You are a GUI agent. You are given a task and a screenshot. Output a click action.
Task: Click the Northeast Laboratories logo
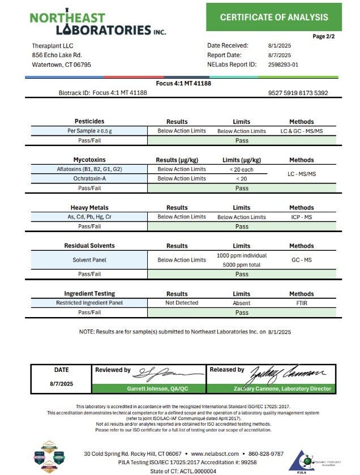pyautogui.click(x=97, y=23)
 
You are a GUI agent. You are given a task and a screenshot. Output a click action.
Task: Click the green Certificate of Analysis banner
pyautogui.click(x=274, y=18)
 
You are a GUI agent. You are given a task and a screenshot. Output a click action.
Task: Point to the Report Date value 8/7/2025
pyautogui.click(x=279, y=55)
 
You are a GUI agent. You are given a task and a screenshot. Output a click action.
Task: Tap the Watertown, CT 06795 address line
pyautogui.click(x=62, y=65)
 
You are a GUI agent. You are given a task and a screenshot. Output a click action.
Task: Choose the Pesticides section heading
pyautogui.click(x=89, y=122)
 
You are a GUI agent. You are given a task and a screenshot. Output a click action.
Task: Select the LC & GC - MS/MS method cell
pyautogui.click(x=301, y=131)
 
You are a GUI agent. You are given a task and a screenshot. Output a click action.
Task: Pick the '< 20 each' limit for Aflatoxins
pyautogui.click(x=242, y=169)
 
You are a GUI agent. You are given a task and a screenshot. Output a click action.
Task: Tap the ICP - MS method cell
pyautogui.click(x=301, y=217)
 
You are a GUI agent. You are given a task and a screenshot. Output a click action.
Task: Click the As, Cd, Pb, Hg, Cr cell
pyautogui.click(x=89, y=217)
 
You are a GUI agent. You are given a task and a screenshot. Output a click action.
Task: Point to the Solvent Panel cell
pyautogui.click(x=89, y=260)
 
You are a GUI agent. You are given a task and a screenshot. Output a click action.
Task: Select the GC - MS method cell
pyautogui.click(x=301, y=260)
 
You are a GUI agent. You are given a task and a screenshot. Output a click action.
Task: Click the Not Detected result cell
pyautogui.click(x=182, y=303)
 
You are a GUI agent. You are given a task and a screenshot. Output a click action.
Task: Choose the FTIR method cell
pyautogui.click(x=301, y=303)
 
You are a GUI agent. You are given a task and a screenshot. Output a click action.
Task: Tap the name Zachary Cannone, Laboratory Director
pyautogui.click(x=284, y=389)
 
